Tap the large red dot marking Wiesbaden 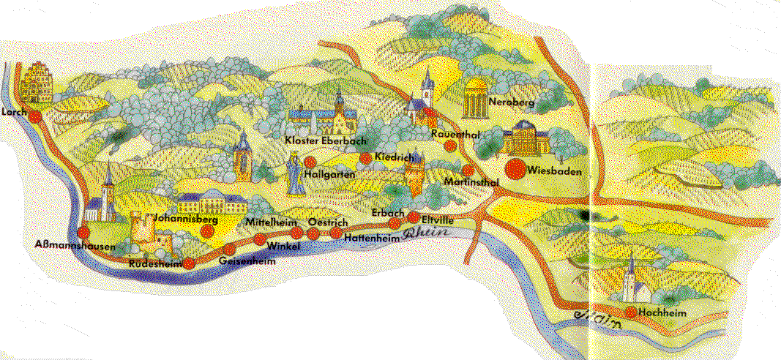(x=515, y=169)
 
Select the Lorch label (x=15, y=112)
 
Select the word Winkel (x=285, y=247)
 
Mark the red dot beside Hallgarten (x=310, y=162)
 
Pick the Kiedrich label (x=395, y=157)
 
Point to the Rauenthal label (x=455, y=133)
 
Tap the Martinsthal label (x=471, y=181)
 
